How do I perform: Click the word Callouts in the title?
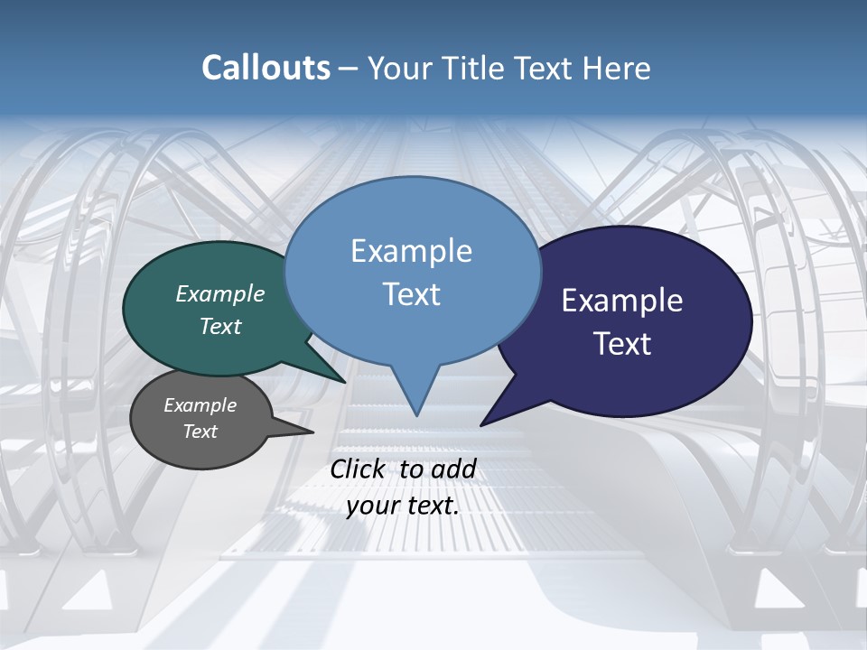point(266,68)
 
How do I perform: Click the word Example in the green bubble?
point(219,293)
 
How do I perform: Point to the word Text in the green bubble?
point(219,326)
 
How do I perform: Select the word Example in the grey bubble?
point(200,405)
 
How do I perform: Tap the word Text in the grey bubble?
point(200,432)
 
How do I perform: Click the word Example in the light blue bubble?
point(411,251)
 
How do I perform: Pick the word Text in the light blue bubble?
point(411,294)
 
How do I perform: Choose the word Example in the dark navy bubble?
point(621,301)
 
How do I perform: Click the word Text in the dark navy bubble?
point(621,344)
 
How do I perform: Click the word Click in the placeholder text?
point(359,469)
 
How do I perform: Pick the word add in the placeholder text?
point(453,469)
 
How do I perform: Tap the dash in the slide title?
point(349,69)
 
